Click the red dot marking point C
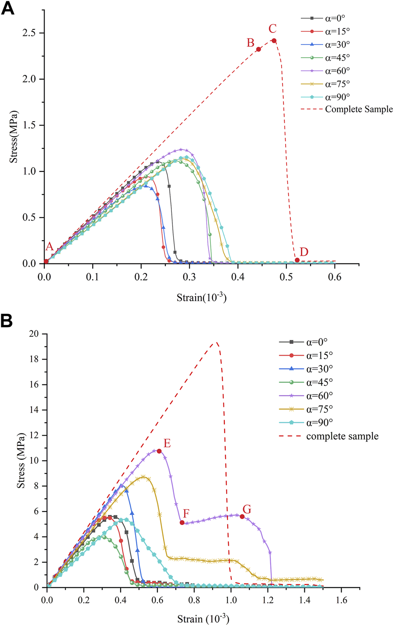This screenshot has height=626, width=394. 274,41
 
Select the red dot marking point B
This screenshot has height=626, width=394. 258,49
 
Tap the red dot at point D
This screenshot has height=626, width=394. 297,260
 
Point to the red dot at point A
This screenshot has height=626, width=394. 46,261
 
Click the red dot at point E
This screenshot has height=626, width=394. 159,451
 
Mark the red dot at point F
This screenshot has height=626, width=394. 182,522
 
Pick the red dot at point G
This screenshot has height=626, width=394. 242,517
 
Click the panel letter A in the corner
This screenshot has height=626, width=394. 8,9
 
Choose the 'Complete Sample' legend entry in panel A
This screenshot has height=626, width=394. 359,109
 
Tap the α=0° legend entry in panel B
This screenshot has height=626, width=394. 320,342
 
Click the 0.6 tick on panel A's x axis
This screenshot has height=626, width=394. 335,277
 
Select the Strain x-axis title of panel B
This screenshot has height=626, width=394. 203,619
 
